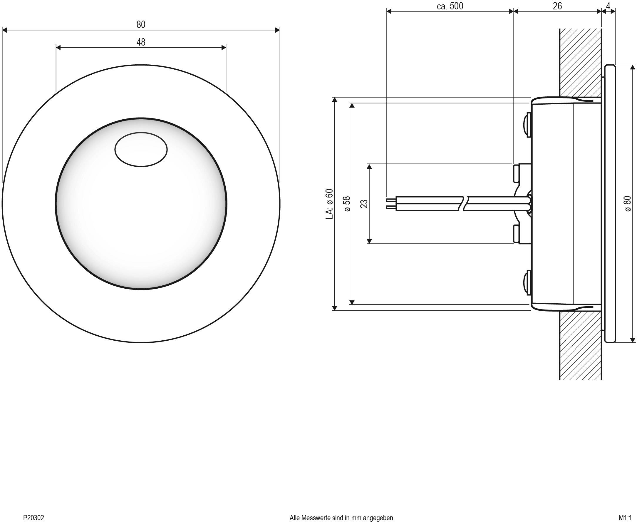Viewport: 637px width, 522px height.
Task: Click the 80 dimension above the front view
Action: [141, 24]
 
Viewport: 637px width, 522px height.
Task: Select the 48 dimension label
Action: [141, 42]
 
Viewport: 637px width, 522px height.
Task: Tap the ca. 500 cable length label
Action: [450, 6]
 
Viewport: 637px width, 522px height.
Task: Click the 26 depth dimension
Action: [557, 6]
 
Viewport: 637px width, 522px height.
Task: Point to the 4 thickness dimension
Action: [608, 6]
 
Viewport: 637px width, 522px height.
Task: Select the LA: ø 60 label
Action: [330, 204]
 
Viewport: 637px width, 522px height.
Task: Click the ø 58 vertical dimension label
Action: [347, 204]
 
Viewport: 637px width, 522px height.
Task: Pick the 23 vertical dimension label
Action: [364, 204]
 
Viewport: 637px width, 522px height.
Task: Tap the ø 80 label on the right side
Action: [628, 204]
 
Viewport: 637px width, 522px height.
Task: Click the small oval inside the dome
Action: [141, 149]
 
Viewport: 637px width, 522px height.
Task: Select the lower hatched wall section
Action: [580, 346]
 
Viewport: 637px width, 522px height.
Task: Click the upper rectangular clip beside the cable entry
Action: [517, 173]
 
